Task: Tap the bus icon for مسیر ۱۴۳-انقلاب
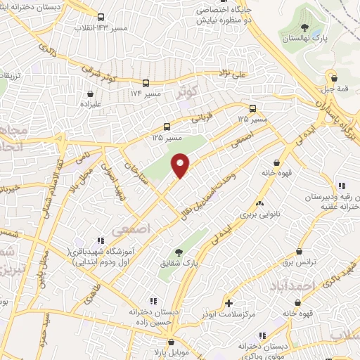coord(101,18)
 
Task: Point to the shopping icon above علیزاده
coord(90,93)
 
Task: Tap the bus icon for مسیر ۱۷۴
coord(146,82)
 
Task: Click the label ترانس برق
coord(301,262)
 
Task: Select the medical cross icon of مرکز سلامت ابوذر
coord(229,303)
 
